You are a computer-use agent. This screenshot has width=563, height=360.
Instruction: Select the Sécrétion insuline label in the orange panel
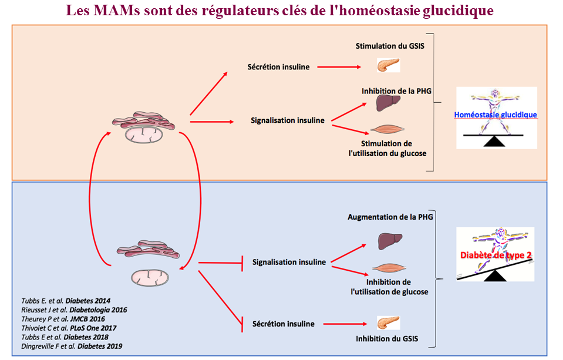278,67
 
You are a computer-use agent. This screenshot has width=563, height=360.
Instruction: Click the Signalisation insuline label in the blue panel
288,262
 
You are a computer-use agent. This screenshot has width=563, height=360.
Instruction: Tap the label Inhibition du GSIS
387,339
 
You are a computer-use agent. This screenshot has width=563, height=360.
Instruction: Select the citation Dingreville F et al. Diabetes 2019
72,347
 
